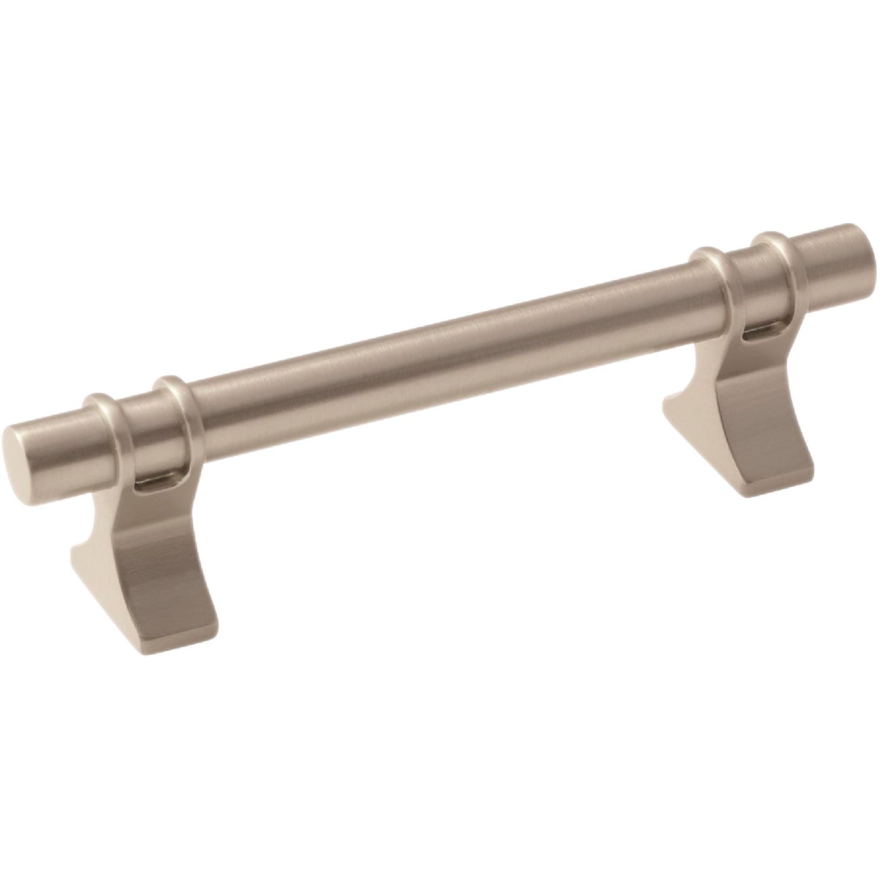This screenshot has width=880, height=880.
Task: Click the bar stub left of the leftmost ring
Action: coord(55,443)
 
